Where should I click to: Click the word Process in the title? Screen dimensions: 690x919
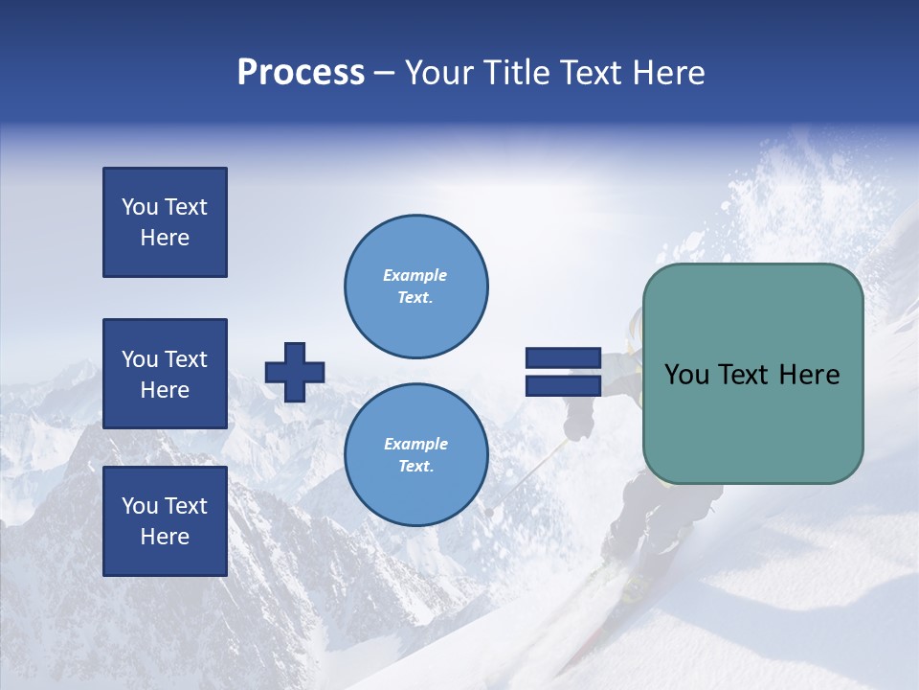tap(301, 73)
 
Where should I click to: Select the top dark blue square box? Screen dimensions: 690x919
tap(165, 222)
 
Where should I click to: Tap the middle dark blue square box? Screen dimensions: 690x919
tap(165, 374)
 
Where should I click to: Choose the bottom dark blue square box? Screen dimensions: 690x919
tap(165, 521)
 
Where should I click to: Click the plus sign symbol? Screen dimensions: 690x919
tap(295, 372)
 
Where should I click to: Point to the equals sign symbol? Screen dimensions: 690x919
tap(563, 372)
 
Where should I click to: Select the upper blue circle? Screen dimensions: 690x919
tap(416, 286)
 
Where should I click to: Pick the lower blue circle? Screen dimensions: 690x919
tap(416, 454)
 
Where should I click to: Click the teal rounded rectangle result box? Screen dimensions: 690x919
tap(752, 374)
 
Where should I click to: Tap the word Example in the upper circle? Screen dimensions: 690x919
tap(415, 275)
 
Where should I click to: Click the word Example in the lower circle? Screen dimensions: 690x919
tap(415, 444)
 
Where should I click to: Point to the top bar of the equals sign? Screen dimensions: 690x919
tap(563, 358)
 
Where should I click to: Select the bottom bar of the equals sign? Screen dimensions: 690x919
tap(563, 385)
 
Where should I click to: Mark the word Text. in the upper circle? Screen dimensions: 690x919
tap(415, 297)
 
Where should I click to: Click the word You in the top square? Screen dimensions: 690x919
tap(140, 207)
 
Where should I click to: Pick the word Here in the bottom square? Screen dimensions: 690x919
tap(165, 537)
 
